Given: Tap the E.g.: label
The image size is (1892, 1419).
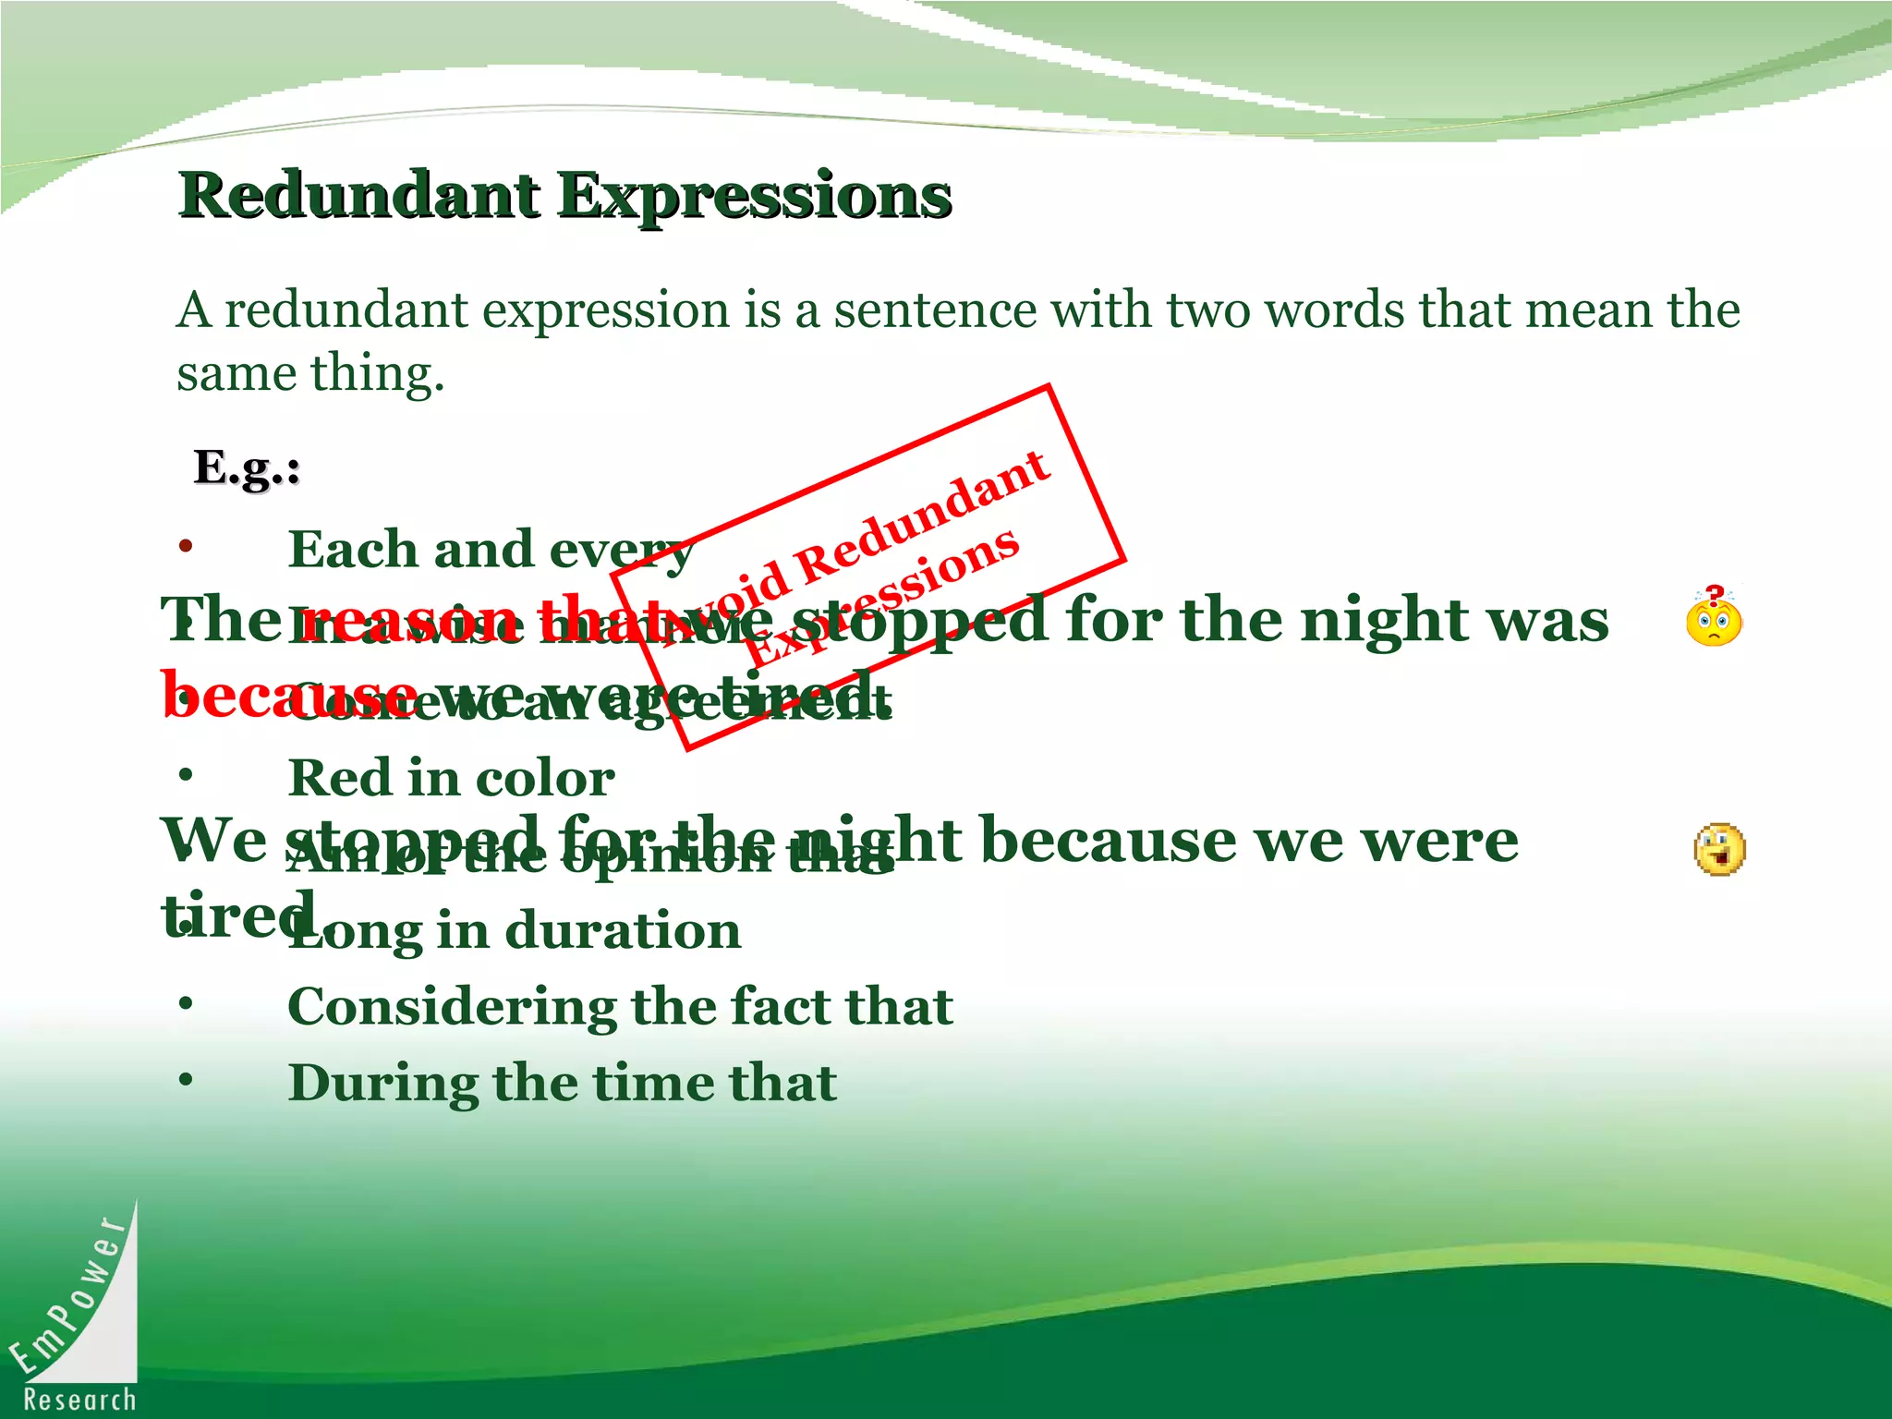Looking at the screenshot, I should [247, 467].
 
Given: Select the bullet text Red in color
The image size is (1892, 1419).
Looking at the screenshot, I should [451, 778].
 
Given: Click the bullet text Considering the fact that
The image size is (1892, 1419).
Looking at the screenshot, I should [620, 1006].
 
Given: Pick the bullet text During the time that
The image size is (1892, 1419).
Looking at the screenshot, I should [562, 1083].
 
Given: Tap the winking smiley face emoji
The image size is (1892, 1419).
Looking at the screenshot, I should [1719, 849].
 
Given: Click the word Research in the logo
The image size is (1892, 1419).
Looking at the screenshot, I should [79, 1400].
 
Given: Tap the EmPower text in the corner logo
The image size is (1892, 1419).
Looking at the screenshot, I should [69, 1293].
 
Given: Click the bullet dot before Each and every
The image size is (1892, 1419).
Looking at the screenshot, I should [187, 546].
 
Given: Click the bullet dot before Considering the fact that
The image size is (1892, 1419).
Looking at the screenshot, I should [187, 1003].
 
